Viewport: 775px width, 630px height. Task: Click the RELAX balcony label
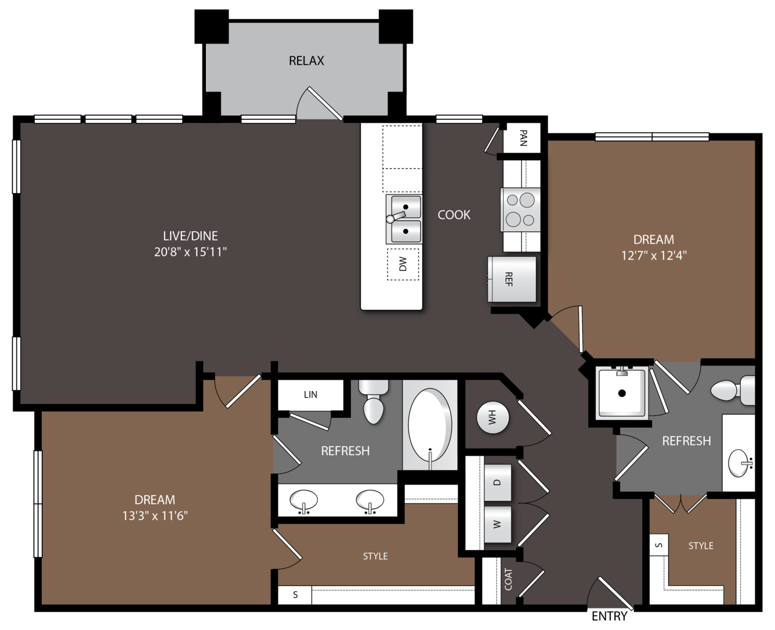(306, 61)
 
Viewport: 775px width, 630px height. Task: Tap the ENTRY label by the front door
(610, 616)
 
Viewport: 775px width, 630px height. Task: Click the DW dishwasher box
(403, 264)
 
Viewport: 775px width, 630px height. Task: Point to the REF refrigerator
(512, 279)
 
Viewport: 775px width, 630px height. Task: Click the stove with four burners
(520, 210)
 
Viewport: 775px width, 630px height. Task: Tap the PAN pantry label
(523, 138)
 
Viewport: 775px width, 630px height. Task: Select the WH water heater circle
(492, 417)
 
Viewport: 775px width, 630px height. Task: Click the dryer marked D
(497, 482)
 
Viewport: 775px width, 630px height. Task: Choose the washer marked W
(497, 524)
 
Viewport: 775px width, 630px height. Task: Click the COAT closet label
(508, 579)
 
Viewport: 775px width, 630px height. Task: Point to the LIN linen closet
(310, 395)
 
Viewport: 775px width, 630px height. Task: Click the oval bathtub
(430, 425)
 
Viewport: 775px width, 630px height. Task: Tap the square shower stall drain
(622, 393)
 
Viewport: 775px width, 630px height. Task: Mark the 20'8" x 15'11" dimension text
(190, 252)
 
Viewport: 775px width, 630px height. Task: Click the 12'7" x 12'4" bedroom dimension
(654, 256)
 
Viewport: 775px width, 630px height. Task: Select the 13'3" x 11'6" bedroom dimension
(155, 515)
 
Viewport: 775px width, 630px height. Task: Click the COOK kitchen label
(454, 215)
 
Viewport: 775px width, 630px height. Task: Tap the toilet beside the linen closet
(374, 402)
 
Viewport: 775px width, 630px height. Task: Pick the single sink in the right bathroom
(739, 463)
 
